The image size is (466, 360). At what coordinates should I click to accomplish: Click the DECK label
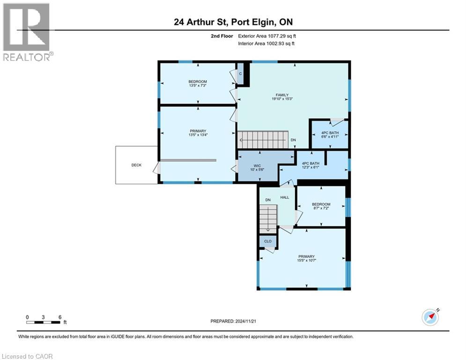coord(136,165)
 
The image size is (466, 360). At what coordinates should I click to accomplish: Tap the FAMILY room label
coord(282,95)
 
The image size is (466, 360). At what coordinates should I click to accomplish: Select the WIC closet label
coord(256,165)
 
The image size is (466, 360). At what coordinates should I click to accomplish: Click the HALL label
coord(284,197)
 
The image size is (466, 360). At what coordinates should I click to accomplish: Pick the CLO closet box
coord(267,241)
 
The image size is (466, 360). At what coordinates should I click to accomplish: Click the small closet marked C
coord(240,74)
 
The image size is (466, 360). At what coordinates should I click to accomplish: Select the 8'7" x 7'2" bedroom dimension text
coord(321,209)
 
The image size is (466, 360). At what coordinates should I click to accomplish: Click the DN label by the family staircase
coord(293,140)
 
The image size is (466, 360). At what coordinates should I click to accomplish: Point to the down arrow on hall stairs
coord(268,228)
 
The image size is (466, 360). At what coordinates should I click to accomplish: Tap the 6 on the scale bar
coord(60,317)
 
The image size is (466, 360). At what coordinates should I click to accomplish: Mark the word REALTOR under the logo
coord(26,57)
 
